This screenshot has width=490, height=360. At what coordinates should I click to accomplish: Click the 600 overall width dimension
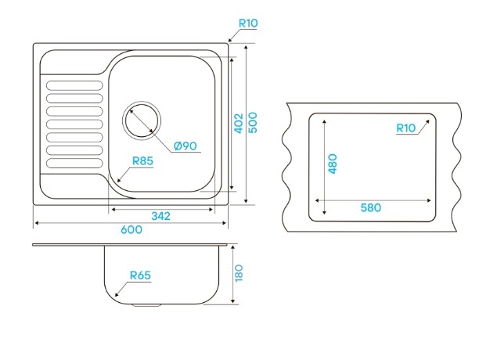coord(132,229)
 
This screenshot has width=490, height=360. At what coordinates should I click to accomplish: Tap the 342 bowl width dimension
coord(161,216)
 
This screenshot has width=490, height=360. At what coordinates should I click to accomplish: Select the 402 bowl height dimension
coord(239,123)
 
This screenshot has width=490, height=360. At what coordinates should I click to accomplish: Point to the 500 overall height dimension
coord(253,123)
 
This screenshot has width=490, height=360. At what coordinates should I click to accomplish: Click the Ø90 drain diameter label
coord(186,146)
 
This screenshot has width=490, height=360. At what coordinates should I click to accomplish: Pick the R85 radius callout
coord(142,161)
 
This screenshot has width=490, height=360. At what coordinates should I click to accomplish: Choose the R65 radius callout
coord(140,275)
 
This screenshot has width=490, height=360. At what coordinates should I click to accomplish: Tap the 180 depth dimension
coord(239,273)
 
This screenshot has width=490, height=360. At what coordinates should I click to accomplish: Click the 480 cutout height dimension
coord(333,164)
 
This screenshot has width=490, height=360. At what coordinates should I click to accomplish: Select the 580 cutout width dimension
coord(371,207)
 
